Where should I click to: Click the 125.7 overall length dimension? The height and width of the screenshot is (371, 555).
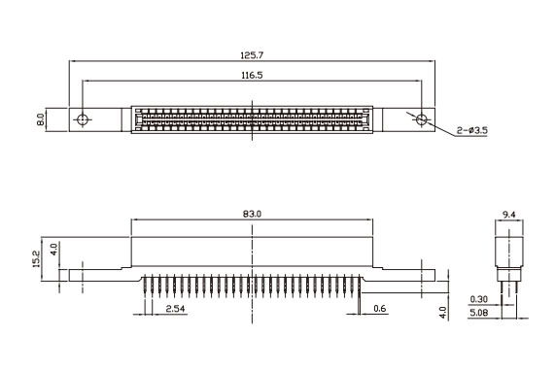[x=252, y=55]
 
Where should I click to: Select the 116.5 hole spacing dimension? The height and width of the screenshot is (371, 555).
[x=252, y=76]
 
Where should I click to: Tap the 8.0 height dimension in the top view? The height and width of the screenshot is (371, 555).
[x=41, y=119]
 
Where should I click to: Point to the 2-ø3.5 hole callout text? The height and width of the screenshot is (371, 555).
[x=471, y=130]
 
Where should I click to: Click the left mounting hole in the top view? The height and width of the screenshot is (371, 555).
[x=83, y=119]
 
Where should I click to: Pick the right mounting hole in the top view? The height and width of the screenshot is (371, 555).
[x=421, y=119]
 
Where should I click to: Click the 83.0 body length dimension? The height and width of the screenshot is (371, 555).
[x=252, y=214]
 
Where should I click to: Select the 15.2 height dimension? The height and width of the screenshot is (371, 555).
[x=37, y=259]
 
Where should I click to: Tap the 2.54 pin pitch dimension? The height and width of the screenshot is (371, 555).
[x=175, y=309]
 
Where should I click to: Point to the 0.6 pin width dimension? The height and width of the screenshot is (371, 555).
[x=380, y=309]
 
